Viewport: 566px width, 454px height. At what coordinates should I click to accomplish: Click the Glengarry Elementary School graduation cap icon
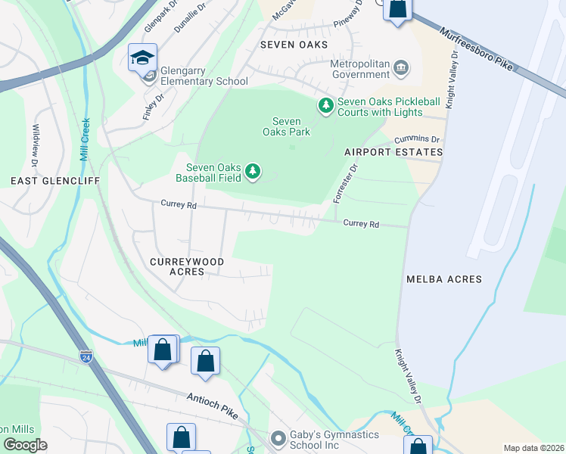pyautogui.click(x=142, y=58)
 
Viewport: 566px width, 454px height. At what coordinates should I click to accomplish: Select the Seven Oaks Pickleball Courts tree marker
pyautogui.click(x=325, y=104)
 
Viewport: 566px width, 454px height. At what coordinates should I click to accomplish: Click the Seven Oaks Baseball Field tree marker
pyautogui.click(x=253, y=173)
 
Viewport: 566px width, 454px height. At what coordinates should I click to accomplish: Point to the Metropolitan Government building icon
pyautogui.click(x=401, y=70)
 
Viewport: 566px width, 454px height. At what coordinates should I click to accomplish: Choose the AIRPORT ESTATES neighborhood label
pyautogui.click(x=393, y=152)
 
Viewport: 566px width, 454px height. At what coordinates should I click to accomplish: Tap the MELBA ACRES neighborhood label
pyautogui.click(x=443, y=279)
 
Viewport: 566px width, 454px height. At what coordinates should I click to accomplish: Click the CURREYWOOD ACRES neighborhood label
pyautogui.click(x=187, y=266)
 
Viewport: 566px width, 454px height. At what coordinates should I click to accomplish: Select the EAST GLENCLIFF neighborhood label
pyautogui.click(x=45, y=181)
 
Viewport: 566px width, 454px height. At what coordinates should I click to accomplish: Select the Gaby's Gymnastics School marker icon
pyautogui.click(x=279, y=437)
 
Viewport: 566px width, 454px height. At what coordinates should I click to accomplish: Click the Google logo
pyautogui.click(x=25, y=446)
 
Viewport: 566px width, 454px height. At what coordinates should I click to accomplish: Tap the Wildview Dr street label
pyautogui.click(x=35, y=145)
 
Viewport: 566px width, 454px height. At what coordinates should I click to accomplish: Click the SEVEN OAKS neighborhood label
pyautogui.click(x=294, y=45)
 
